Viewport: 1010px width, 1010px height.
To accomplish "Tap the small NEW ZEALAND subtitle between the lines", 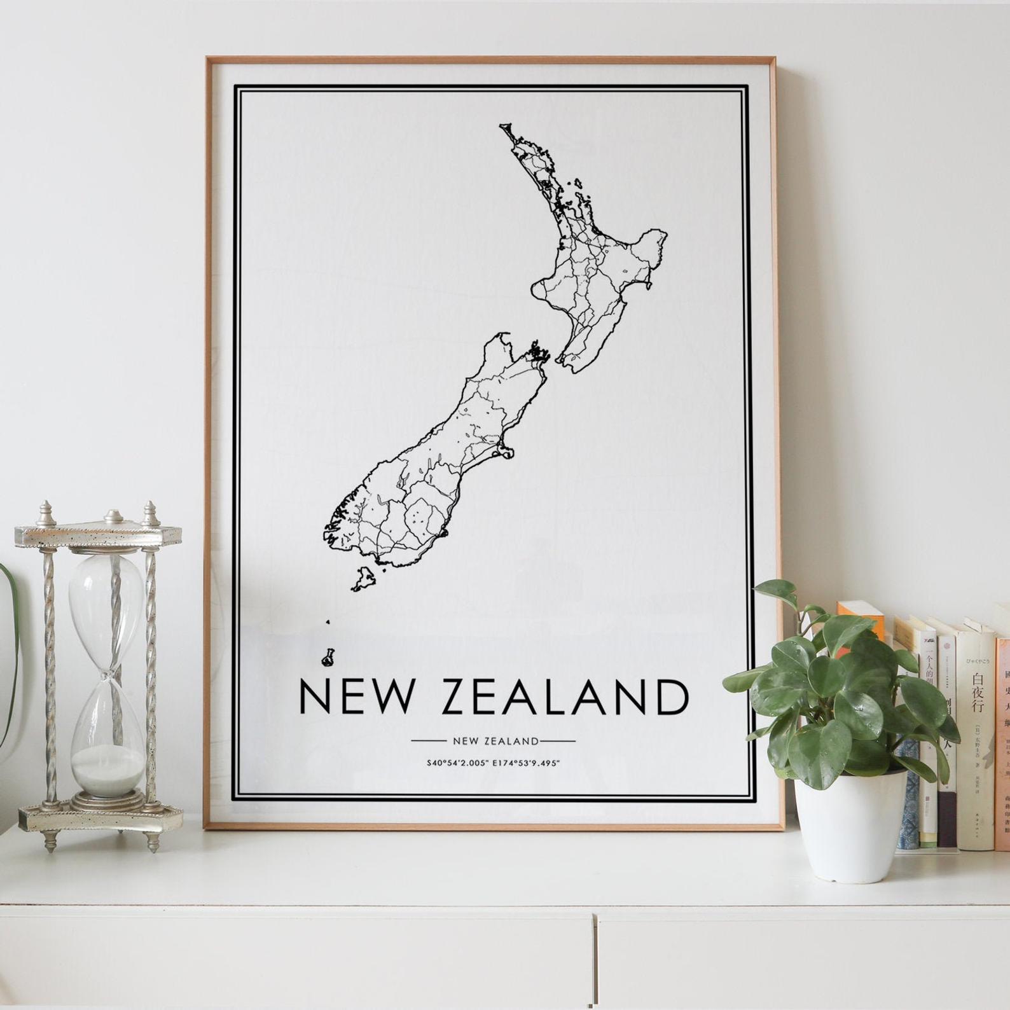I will coord(495,741).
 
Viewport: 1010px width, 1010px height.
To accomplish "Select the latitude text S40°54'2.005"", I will coord(459,763).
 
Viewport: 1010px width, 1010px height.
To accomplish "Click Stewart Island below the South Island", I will coord(366,579).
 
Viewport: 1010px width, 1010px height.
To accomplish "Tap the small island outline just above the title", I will coord(328,657).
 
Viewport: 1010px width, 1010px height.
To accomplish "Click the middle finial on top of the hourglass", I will coord(113,516).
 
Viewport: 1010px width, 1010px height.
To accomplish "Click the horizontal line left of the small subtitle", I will coord(431,741).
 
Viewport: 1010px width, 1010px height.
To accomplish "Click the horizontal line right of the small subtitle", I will coord(558,741).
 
